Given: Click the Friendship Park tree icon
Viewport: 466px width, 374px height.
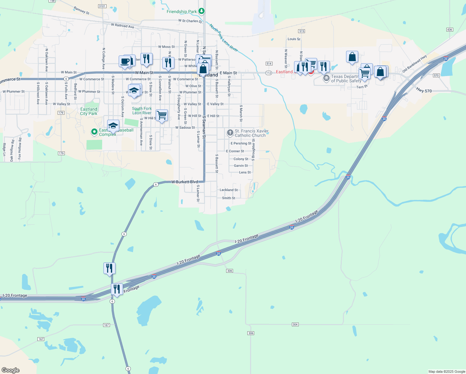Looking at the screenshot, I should click(x=202, y=12).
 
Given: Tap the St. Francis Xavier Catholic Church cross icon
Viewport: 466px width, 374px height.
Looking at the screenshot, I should click(x=230, y=133).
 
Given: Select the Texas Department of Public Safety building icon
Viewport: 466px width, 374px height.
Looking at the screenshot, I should click(x=326, y=78).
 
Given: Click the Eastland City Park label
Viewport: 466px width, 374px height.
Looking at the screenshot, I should click(x=89, y=111).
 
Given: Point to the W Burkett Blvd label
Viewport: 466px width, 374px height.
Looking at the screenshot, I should click(x=184, y=182).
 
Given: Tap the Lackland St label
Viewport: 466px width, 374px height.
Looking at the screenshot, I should click(x=228, y=190).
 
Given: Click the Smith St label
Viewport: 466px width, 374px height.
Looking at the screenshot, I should click(x=228, y=198).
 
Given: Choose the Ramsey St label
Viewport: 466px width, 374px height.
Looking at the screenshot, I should click(x=81, y=11).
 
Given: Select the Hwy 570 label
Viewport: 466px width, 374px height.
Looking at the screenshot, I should click(x=424, y=90).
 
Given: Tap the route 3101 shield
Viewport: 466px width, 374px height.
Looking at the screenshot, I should click(x=102, y=6).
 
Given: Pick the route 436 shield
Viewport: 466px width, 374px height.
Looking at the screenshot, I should click(x=449, y=30).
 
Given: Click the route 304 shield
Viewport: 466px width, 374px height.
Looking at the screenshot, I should click(x=295, y=324).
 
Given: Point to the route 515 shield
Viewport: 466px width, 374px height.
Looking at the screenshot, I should click(x=301, y=31).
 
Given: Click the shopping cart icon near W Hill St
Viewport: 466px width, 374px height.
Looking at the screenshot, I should click(x=162, y=115).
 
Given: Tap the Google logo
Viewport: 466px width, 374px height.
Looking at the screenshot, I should click(x=11, y=370).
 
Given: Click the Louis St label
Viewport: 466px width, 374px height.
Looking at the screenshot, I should click(x=294, y=39).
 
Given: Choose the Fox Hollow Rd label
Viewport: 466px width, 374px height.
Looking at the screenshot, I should click(x=20, y=149).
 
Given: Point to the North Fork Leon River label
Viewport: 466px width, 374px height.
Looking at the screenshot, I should click(x=223, y=38).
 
